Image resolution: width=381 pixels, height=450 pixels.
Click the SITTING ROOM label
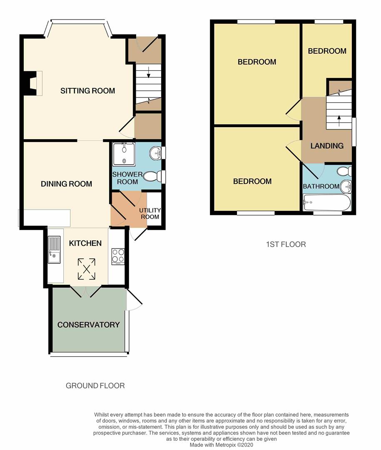coord(87,91)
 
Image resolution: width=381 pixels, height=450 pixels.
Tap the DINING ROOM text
coord(66,184)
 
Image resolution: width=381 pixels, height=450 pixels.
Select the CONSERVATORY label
coord(88,325)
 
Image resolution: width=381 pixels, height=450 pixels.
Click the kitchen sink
coord(54,250)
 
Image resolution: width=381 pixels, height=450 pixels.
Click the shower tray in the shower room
coord(125,154)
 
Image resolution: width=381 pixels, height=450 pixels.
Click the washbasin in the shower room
coord(157,153)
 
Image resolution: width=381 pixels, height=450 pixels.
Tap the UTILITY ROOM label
coord(150,213)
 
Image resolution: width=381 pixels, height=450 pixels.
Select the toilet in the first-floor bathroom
coord(345,171)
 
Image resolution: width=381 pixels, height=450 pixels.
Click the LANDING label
coord(327,146)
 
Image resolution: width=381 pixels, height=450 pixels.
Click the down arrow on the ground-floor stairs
coord(148,74)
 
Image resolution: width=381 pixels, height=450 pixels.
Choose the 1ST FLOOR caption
coord(286,244)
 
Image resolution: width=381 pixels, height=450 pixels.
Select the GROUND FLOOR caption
coord(95,386)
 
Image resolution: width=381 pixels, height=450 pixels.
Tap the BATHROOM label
coord(321,186)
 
